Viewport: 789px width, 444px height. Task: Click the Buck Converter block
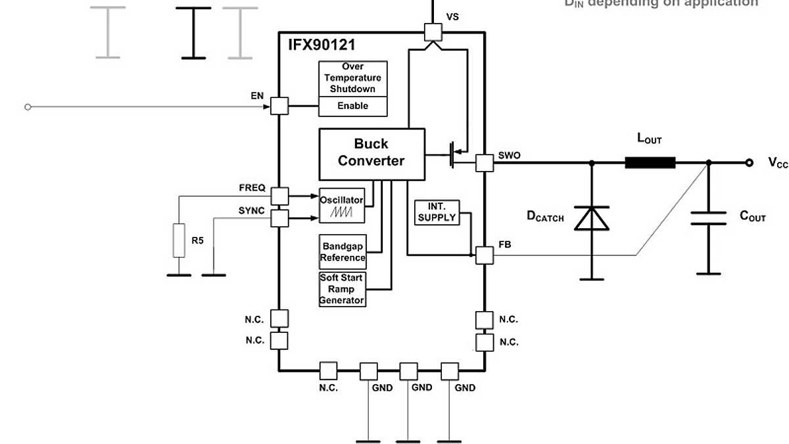(x=371, y=154)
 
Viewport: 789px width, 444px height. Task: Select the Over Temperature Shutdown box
(x=353, y=78)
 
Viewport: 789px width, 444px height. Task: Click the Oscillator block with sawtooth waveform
(x=341, y=206)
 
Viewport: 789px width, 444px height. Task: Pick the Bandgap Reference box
(x=343, y=252)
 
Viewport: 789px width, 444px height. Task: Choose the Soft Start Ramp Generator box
(x=342, y=289)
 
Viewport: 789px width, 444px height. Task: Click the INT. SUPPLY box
(x=437, y=212)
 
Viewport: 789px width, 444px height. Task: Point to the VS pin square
(x=433, y=31)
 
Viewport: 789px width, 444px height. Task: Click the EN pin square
(x=280, y=106)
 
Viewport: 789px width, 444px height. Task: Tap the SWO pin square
(x=485, y=162)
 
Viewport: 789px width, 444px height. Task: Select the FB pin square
(x=485, y=255)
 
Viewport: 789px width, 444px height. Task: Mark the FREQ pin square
(x=280, y=195)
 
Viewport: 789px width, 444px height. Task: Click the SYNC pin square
(x=280, y=218)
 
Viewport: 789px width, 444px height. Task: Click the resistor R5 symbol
(x=178, y=240)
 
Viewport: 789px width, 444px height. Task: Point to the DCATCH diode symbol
(x=592, y=218)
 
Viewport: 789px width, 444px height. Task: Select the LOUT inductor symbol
(x=650, y=162)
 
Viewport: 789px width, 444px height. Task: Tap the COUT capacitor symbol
(x=708, y=218)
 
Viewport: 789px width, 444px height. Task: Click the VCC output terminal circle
(x=749, y=162)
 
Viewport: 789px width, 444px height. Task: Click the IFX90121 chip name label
(x=322, y=45)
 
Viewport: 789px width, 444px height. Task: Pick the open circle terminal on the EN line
(x=28, y=107)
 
